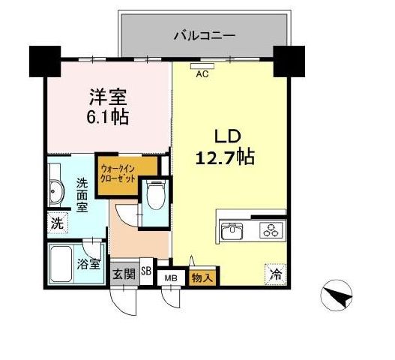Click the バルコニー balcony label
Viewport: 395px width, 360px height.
point(205,34)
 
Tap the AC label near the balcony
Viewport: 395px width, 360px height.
point(202,73)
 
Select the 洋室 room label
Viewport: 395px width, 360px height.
point(109,98)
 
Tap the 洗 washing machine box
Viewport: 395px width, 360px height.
point(58,223)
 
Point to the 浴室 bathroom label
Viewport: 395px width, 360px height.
point(88,264)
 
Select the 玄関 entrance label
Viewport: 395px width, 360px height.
point(124,274)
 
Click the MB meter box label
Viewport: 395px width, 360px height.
point(171,277)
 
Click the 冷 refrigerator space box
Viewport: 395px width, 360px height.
point(275,274)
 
